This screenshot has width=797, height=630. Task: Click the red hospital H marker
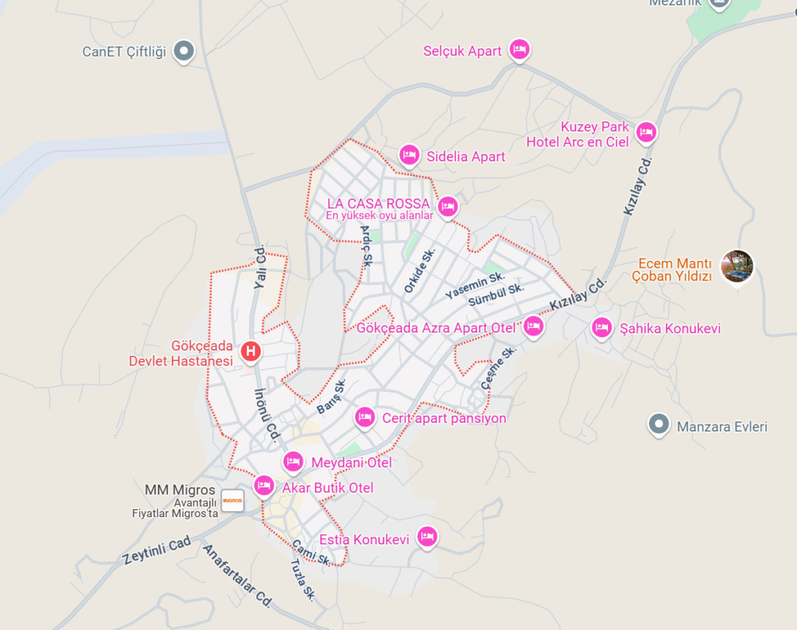coord(250,352)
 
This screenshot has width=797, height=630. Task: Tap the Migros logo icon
coord(232,500)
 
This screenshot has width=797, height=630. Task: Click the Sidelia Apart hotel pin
coord(409,155)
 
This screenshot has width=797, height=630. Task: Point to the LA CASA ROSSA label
coord(378,204)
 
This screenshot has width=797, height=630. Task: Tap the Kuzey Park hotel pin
coord(645,132)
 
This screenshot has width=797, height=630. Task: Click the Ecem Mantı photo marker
coord(737,266)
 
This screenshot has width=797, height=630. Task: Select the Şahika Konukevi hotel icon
coord(601,329)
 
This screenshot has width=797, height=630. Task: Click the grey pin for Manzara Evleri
coord(659,424)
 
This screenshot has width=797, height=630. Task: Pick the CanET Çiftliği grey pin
coord(184,51)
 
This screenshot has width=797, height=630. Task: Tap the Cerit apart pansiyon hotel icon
coord(364,417)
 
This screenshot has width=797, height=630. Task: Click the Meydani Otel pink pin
coord(293,462)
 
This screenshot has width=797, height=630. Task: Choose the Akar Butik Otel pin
coord(264,487)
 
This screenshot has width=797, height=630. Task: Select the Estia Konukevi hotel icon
coord(426,537)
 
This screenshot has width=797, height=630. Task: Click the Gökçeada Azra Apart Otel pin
coord(532,326)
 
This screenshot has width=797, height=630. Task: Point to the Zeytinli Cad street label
coord(156,550)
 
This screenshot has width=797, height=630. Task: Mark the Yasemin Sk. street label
coord(475,285)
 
